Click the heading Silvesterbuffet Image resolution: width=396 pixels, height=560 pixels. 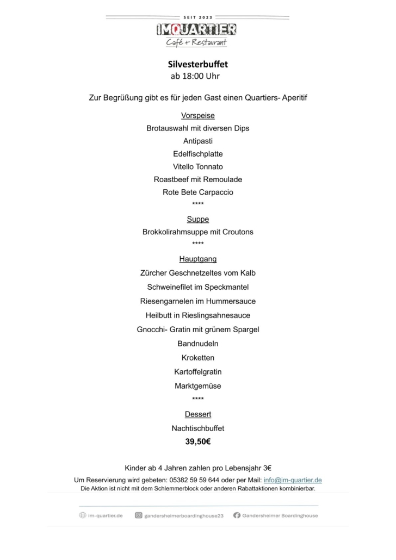coord(197,64)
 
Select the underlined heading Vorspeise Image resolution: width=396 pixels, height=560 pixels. coord(197,115)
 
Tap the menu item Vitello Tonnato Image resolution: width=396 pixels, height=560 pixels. coord(197,166)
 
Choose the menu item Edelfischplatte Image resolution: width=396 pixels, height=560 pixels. coord(197,154)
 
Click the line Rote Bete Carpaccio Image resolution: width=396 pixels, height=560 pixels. coord(197,192)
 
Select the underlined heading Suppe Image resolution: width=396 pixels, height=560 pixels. coord(197,219)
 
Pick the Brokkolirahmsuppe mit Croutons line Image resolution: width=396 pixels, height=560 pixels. coord(197,232)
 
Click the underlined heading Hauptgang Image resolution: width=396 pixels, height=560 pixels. coord(197,259)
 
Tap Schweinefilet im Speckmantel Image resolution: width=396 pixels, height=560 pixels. coord(197,287)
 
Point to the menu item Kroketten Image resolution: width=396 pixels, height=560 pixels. coord(197,358)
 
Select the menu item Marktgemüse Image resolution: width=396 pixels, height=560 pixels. coord(197,386)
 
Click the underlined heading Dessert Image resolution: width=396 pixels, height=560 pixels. coord(197,414)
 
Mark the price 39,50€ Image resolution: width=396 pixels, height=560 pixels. coord(197,442)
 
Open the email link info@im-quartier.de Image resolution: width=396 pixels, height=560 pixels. coord(293,480)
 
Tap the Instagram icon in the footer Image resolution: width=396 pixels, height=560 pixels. coord(139,515)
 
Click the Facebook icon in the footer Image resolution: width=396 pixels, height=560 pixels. coord(237,515)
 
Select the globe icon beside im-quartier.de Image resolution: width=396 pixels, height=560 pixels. coord(83,515)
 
